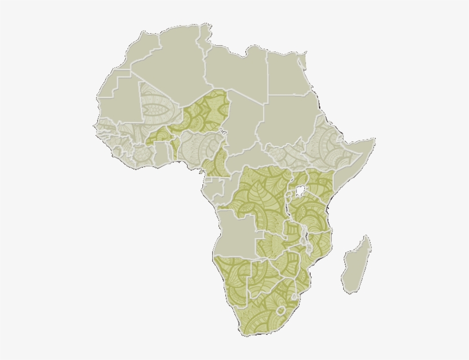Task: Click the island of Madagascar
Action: coord(356,266)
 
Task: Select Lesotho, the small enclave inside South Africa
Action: coord(280,311)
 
